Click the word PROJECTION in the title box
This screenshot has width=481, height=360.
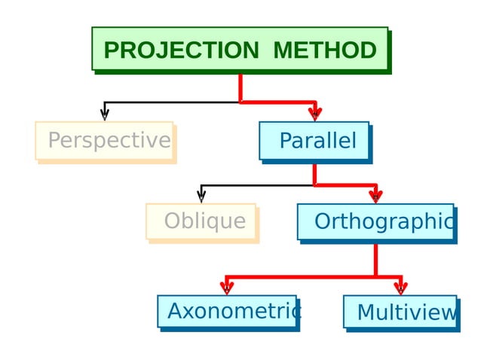[x=181, y=50]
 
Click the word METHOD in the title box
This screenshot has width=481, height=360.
[x=324, y=50]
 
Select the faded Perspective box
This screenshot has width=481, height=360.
[x=105, y=141]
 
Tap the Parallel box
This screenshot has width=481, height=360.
[x=314, y=141]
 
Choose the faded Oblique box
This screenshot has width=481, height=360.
[x=201, y=221]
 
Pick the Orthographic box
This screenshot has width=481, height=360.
[x=375, y=221]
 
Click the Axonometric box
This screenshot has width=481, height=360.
[x=227, y=311]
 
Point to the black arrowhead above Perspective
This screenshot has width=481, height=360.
[x=105, y=114]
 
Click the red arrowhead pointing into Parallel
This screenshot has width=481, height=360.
[x=315, y=114]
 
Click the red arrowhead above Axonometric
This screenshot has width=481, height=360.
[x=226, y=287]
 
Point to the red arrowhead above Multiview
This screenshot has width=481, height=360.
[x=400, y=287]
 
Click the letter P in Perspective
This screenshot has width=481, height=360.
[x=54, y=141]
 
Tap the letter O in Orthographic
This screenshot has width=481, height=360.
[x=322, y=221]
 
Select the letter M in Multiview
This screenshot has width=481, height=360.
[x=366, y=312]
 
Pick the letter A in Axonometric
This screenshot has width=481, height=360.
[x=175, y=311]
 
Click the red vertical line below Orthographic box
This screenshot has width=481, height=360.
[x=375, y=259]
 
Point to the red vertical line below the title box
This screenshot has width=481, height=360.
[x=240, y=86]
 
